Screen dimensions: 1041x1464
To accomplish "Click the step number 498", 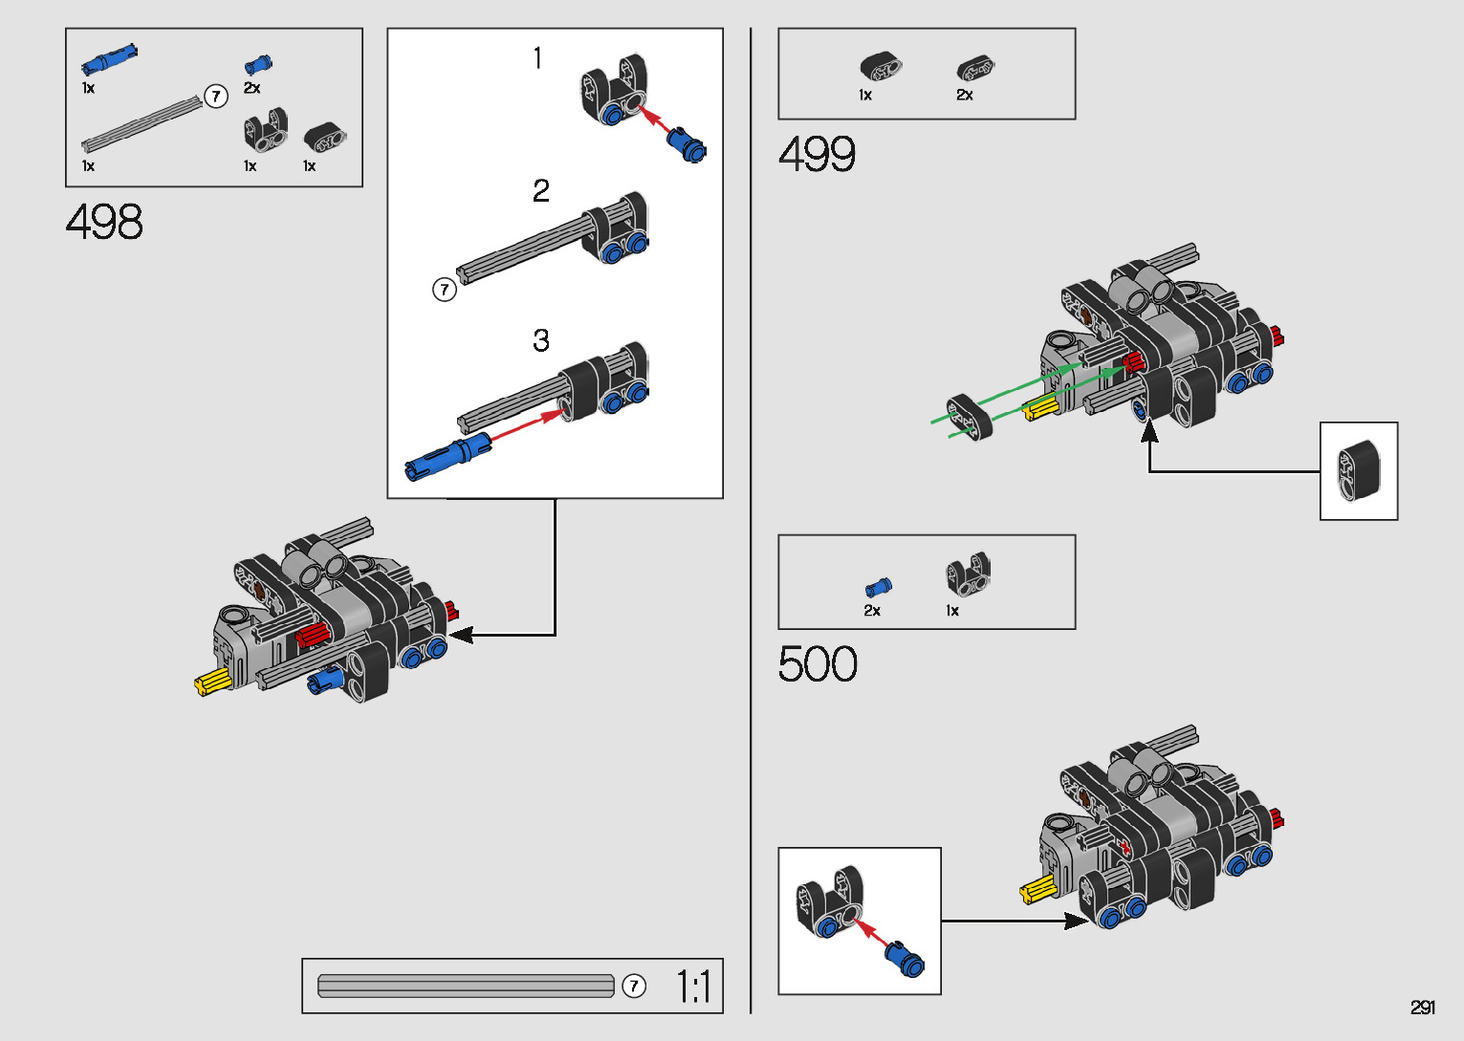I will [104, 223].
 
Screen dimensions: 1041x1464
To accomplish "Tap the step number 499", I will [817, 154].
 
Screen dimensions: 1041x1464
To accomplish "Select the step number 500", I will [818, 664].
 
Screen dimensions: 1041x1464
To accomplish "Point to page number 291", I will [1422, 1008].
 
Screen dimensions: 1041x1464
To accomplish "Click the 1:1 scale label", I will [693, 987].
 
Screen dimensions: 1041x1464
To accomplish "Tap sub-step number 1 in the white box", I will [537, 58].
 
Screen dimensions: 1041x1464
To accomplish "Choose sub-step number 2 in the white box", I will [541, 191].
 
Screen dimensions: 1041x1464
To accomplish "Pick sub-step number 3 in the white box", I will [541, 340].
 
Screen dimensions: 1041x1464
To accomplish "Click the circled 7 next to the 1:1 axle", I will [633, 986].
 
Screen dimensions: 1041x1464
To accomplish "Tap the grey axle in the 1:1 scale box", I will [466, 986].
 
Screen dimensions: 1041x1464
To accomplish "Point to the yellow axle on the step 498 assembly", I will [213, 683].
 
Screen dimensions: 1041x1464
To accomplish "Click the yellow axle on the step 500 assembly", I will [1038, 891].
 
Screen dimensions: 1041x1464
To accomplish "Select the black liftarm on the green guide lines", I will [970, 416].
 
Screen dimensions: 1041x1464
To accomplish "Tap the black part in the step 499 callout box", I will [1359, 470].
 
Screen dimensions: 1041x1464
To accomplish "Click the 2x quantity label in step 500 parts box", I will [872, 611].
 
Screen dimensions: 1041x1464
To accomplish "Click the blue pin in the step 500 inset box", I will [904, 958].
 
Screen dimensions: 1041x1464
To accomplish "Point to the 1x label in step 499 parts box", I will [865, 96].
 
